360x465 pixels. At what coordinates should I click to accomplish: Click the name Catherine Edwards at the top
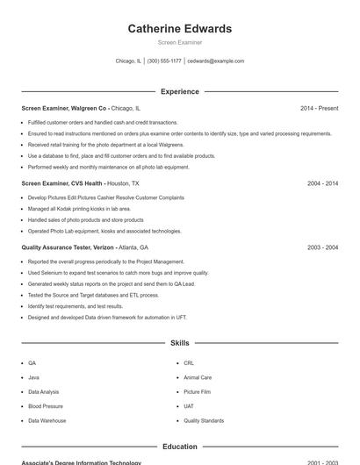(x=180, y=29)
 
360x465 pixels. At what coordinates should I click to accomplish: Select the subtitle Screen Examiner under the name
(x=180, y=42)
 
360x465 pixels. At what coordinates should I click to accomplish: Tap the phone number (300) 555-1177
(x=164, y=61)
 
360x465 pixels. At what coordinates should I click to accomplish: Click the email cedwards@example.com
(x=216, y=61)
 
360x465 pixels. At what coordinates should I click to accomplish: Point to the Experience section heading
(x=180, y=91)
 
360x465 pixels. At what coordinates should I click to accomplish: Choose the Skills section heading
(x=180, y=343)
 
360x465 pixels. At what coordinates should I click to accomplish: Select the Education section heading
(x=180, y=447)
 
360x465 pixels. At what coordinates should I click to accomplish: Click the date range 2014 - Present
(x=319, y=108)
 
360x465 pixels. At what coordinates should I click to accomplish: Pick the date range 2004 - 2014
(x=322, y=184)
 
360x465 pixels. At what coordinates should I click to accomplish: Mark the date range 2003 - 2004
(x=322, y=248)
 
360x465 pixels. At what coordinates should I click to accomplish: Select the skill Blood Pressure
(x=46, y=406)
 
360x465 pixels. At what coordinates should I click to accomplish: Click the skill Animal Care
(x=198, y=377)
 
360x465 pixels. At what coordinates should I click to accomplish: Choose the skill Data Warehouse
(x=47, y=421)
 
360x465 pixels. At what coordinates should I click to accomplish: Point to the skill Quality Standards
(x=204, y=421)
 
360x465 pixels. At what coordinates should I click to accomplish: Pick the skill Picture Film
(x=197, y=392)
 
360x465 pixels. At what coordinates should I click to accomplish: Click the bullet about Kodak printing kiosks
(x=79, y=209)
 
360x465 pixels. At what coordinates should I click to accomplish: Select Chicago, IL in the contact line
(x=128, y=61)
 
